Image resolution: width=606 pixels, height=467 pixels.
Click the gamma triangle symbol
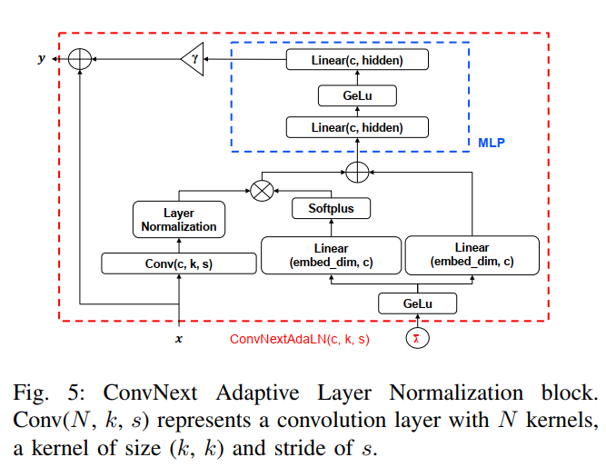point(193,60)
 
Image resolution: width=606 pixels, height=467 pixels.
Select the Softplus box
point(330,208)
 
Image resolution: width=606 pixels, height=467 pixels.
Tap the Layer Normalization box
point(179,220)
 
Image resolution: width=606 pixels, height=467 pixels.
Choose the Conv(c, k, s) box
point(179,264)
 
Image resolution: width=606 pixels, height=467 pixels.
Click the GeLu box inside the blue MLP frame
point(357,94)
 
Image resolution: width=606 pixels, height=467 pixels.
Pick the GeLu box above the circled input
point(417,303)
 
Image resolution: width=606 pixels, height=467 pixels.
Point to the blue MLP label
point(491,144)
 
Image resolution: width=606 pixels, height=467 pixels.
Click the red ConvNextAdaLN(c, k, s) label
point(299,339)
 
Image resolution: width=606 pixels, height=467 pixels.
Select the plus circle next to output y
point(81,59)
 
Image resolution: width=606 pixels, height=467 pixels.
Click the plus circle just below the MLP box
point(357,170)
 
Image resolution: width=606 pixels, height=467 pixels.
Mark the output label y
point(41,59)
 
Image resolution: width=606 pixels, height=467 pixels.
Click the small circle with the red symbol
point(417,339)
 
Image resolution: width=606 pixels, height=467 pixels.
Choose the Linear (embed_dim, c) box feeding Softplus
point(331,255)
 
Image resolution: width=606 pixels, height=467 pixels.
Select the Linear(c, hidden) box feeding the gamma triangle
point(357,60)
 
